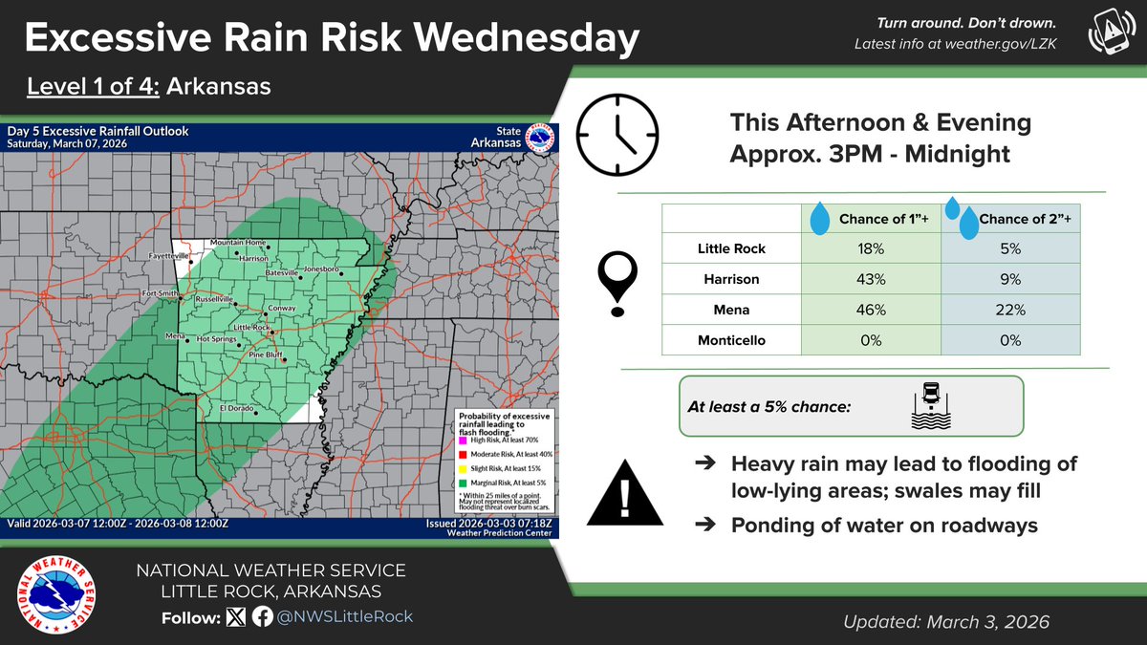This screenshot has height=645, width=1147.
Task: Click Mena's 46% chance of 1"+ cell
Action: point(871,311)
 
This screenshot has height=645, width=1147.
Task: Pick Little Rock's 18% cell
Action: point(871,248)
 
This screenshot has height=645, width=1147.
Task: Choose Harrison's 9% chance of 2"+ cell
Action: point(1010,280)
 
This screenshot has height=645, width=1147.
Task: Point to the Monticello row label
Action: point(732,341)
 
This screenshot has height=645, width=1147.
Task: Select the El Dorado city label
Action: point(239,408)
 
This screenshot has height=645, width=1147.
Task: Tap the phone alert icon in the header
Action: point(1106,32)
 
